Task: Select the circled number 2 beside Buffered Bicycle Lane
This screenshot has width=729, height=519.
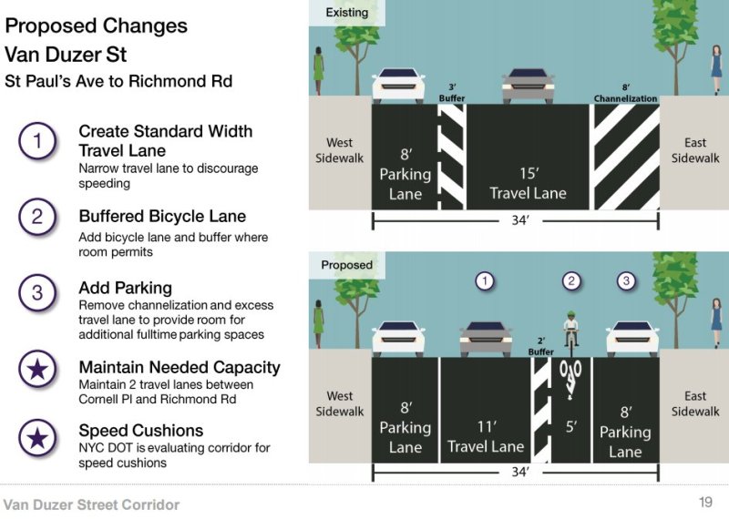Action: pyautogui.click(x=37, y=217)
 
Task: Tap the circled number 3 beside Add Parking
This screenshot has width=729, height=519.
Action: pyautogui.click(x=37, y=292)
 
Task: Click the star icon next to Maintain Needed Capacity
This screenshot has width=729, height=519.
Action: pyautogui.click(x=37, y=369)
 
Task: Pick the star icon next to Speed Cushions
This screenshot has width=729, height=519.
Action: pyautogui.click(x=37, y=437)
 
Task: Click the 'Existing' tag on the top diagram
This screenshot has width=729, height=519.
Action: pyautogui.click(x=346, y=13)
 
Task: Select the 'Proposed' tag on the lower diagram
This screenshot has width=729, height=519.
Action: pyautogui.click(x=346, y=265)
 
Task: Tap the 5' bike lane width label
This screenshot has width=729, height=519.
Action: pyautogui.click(x=571, y=425)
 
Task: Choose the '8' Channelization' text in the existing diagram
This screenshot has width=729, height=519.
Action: pyautogui.click(x=625, y=93)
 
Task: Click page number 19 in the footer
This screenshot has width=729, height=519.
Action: pyautogui.click(x=705, y=502)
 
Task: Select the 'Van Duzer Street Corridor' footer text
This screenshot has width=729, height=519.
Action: pyautogui.click(x=91, y=504)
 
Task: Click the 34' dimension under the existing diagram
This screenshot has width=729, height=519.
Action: pyautogui.click(x=517, y=221)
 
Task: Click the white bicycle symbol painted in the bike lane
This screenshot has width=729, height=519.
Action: pyautogui.click(x=571, y=377)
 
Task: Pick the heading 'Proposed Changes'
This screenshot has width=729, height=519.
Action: pyautogui.click(x=97, y=25)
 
